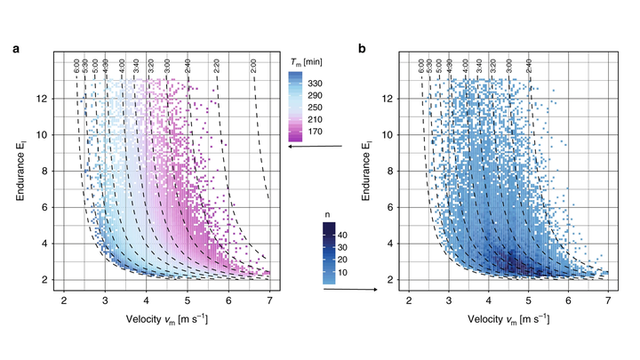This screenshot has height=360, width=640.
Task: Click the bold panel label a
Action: tap(16, 49)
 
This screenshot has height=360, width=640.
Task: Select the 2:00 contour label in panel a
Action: tap(254, 67)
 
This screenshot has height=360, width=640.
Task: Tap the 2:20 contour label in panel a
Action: tap(216, 67)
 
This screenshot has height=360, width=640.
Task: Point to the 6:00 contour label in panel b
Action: tap(422, 67)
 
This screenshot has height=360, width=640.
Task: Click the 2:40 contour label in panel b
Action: tap(530, 67)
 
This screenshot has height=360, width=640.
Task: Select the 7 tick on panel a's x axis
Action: tap(269, 300)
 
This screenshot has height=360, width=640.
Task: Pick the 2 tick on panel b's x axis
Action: tap(408, 300)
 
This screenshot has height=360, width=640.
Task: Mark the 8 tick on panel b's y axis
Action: tap(387, 171)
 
